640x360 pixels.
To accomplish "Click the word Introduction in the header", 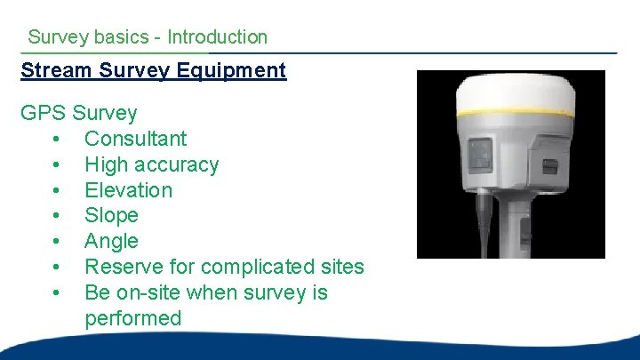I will (217, 37).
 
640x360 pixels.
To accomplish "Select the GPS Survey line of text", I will (79, 114).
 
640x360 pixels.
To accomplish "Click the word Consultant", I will (135, 139).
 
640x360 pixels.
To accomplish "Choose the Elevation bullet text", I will (128, 190).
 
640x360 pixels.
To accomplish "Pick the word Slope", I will (111, 215).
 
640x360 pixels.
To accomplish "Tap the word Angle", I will (111, 241).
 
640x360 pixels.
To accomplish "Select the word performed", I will (132, 318).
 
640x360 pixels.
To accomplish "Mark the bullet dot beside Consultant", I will (57, 140).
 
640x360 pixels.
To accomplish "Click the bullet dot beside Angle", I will (57, 242).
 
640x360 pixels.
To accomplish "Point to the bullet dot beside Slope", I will (57, 216).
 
